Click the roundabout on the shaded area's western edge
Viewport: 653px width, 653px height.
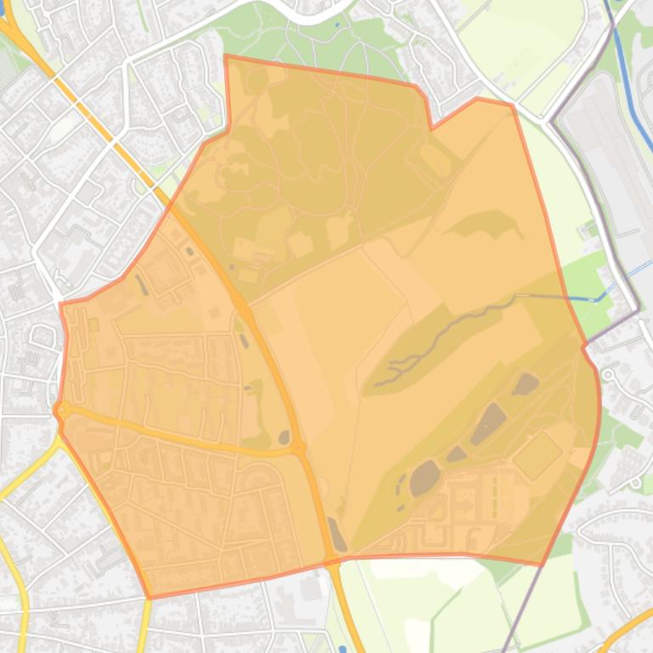[61, 410]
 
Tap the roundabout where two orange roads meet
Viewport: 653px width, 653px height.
[299, 448]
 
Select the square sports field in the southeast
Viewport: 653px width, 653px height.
[538, 455]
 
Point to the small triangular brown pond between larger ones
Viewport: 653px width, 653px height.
[457, 454]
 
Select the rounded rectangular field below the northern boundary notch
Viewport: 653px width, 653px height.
[436, 159]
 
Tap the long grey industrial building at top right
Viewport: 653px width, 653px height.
[611, 161]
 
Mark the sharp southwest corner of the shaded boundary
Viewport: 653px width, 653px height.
[150, 597]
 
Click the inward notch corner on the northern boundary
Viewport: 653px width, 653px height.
[431, 128]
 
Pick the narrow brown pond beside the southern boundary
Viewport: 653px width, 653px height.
[337, 534]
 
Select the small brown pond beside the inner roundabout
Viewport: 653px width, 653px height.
[283, 438]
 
